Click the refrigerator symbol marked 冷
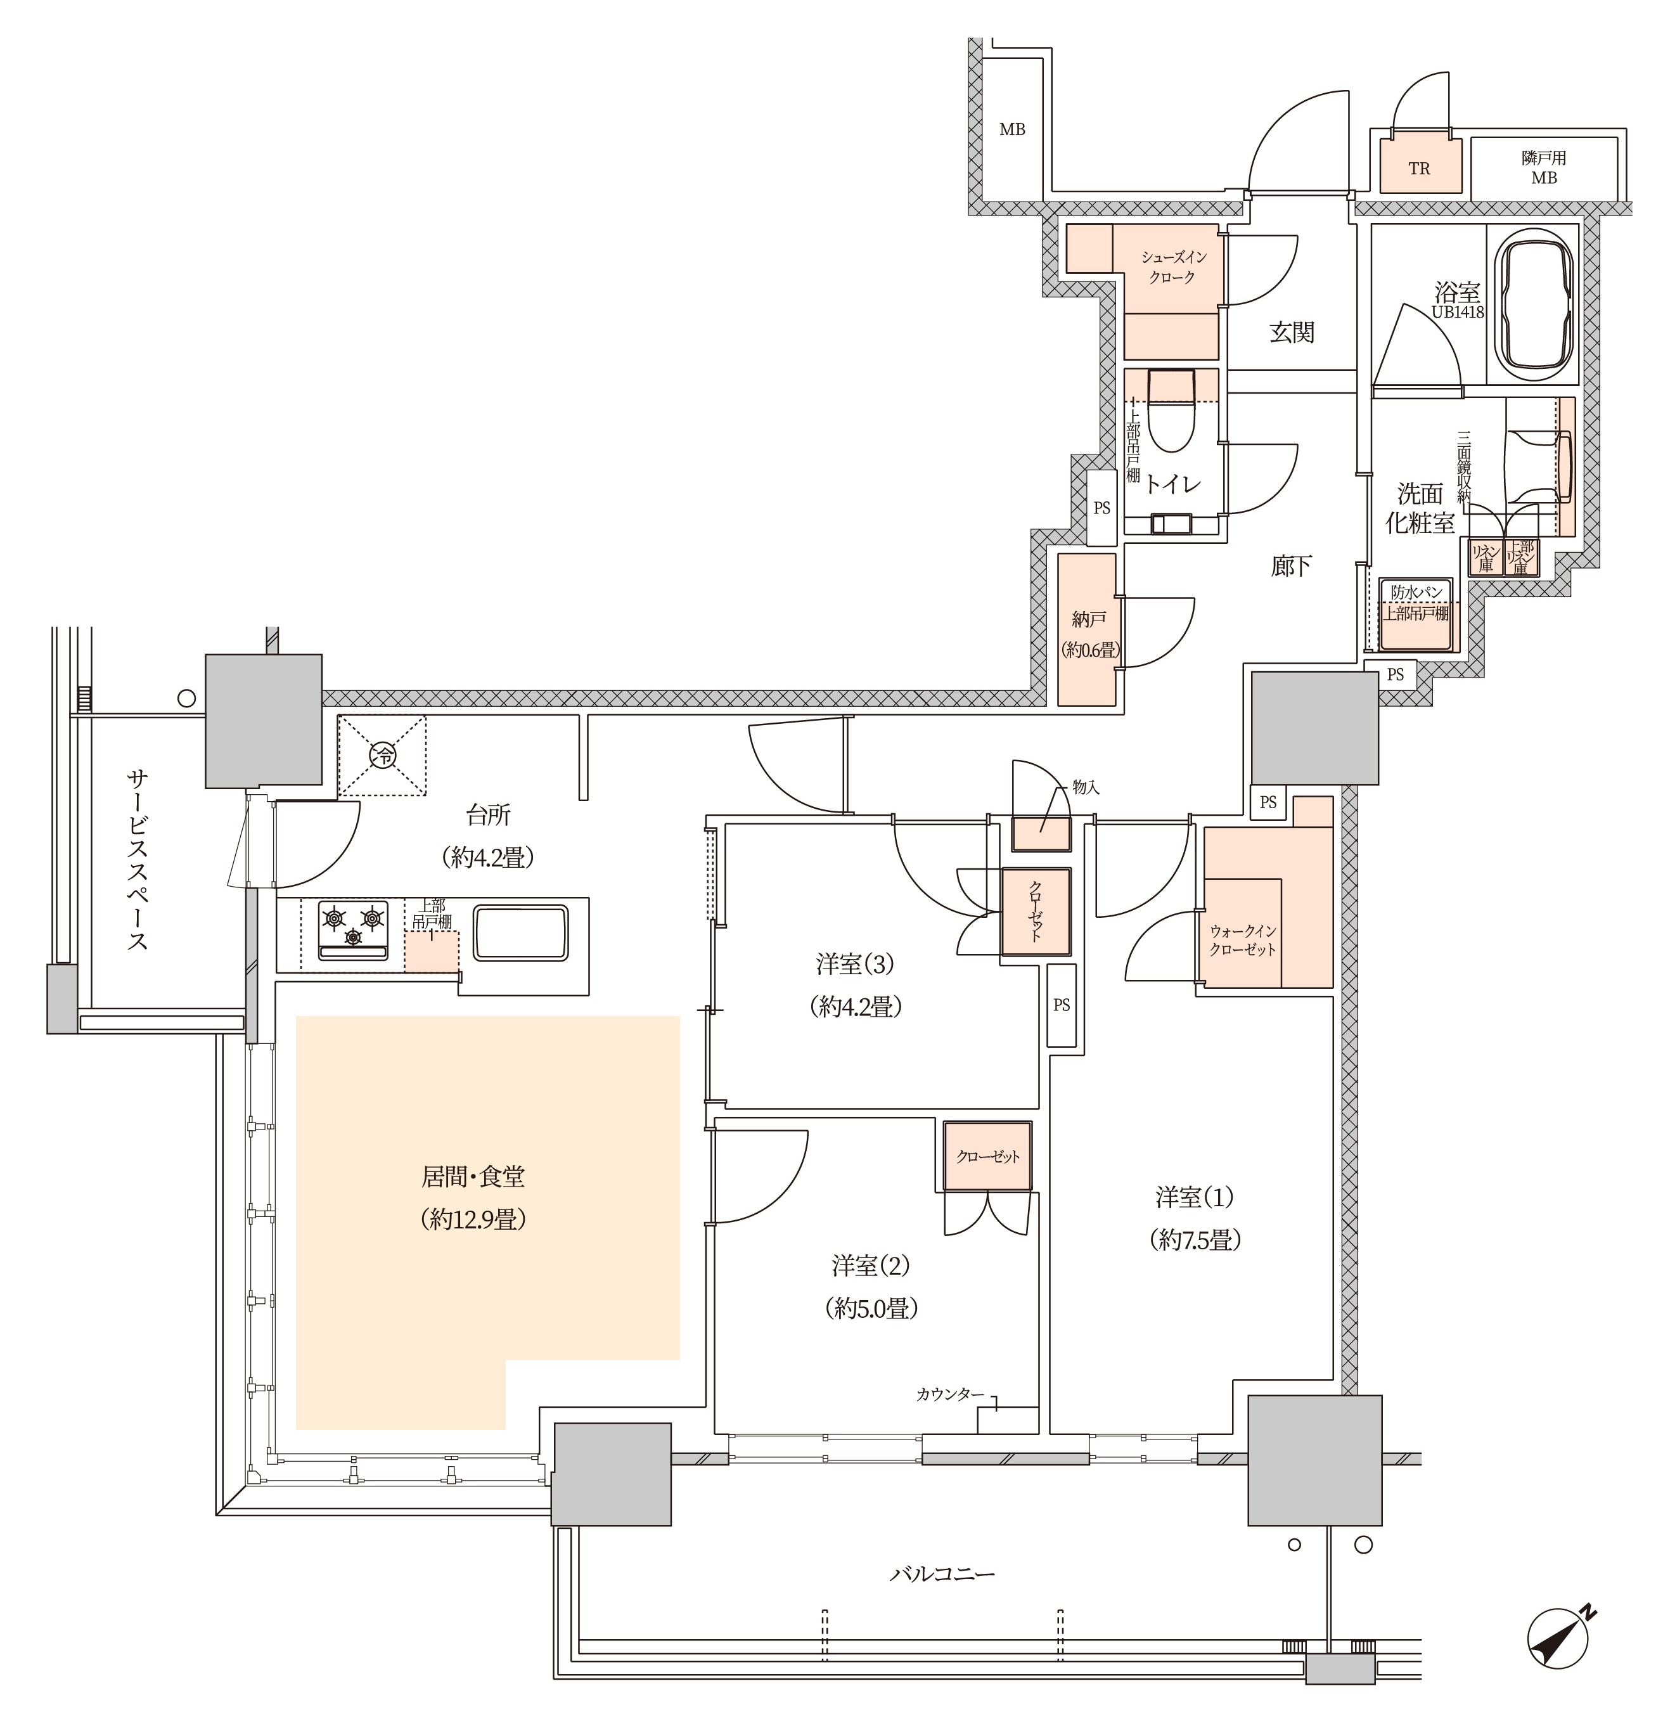tap(382, 755)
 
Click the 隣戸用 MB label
tap(1544, 167)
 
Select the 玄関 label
tap(1291, 332)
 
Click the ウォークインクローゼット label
tap(1243, 939)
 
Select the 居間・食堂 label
tap(473, 1176)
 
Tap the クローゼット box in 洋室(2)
tap(987, 1156)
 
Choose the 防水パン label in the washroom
tap(1416, 592)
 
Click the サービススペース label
tap(137, 859)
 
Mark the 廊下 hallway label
tap(1291, 565)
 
